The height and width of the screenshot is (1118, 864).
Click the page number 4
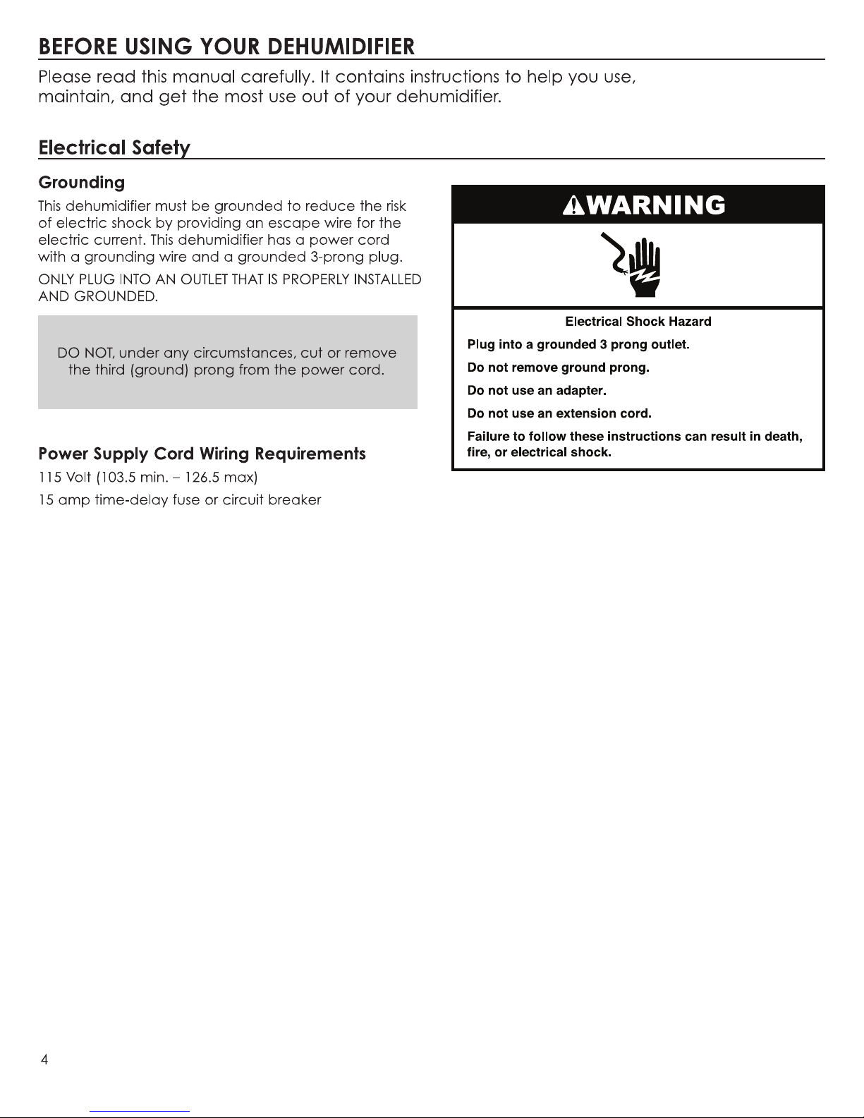[44, 1060]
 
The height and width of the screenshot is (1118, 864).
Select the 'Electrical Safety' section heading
[114, 148]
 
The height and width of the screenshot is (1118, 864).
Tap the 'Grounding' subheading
[81, 183]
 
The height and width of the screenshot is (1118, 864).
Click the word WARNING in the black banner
[653, 205]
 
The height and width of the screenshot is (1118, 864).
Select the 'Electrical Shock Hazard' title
[638, 322]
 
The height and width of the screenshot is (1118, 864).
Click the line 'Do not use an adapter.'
[537, 390]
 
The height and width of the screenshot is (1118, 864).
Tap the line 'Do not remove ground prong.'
[558, 367]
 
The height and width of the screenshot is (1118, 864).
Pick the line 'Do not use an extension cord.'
[559, 413]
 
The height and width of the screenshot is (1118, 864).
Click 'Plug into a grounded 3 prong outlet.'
[578, 345]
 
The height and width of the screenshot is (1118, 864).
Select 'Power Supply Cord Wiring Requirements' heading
[202, 454]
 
